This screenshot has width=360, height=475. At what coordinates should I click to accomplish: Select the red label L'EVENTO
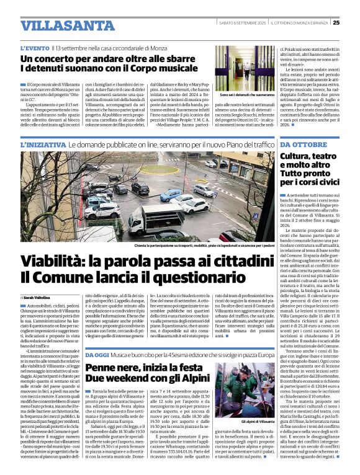pyautogui.click(x=34, y=48)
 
